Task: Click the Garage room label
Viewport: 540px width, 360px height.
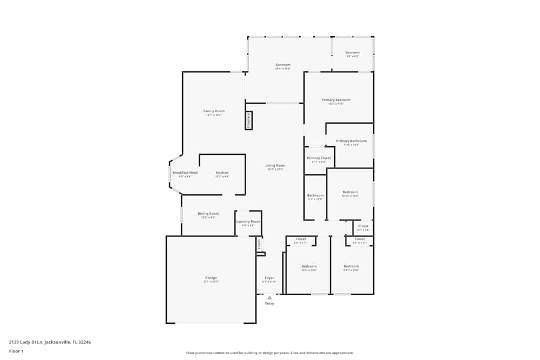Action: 211,278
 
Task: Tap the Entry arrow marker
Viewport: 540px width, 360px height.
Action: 269,297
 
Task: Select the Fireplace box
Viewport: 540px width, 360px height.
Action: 249,120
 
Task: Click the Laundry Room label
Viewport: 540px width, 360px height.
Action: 248,221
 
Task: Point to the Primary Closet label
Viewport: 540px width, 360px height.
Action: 319,158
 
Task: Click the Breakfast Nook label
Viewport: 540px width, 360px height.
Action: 185,173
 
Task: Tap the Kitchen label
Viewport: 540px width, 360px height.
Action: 222,173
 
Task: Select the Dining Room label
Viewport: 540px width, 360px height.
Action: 208,214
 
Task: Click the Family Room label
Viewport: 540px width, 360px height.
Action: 213,111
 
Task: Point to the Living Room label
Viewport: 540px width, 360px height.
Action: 275,166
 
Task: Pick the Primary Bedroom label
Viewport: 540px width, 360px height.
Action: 336,100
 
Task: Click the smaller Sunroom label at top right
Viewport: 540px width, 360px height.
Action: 353,53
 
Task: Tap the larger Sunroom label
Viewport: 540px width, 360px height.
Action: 283,65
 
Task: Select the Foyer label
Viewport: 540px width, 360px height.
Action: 269,279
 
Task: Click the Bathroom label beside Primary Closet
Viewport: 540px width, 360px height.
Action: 315,195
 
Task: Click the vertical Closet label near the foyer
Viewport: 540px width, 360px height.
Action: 259,244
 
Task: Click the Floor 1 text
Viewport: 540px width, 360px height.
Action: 16,351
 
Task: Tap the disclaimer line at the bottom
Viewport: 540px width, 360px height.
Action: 269,353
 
